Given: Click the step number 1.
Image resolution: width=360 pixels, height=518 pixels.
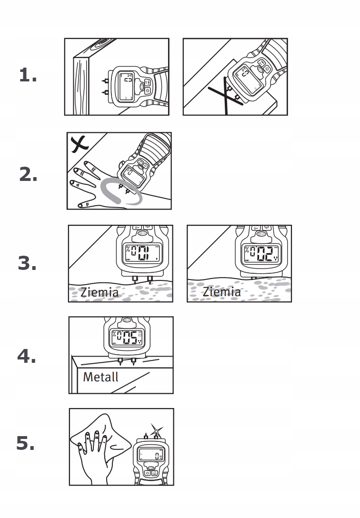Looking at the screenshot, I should [28, 75].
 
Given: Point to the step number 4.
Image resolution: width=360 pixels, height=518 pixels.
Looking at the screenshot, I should [27, 357].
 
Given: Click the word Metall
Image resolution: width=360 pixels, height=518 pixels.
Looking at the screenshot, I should [100, 377].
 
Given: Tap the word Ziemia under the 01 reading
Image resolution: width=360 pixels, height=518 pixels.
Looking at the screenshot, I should [99, 292].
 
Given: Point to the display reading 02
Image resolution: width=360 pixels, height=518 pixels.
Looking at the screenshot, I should [260, 254].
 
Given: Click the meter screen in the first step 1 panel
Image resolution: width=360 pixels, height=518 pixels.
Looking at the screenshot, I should [127, 86].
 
